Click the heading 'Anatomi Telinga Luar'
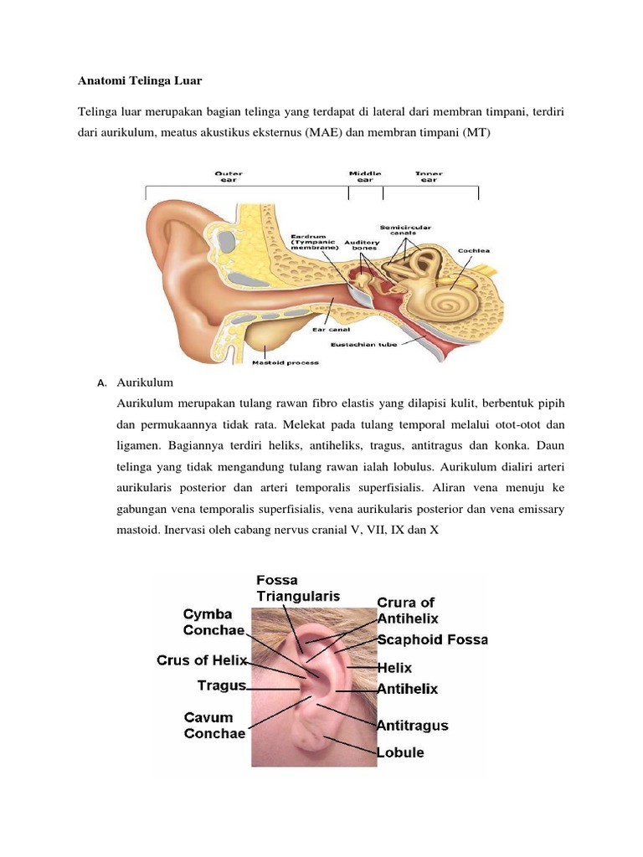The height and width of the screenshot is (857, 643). [141, 81]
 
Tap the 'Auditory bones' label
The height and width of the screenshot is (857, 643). [364, 245]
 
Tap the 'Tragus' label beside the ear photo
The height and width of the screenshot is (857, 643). [221, 685]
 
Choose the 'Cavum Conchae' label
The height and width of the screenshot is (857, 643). [214, 726]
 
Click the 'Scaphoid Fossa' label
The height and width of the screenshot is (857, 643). [432, 639]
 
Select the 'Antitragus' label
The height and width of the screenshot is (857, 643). [413, 725]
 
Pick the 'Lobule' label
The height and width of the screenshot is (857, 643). [400, 752]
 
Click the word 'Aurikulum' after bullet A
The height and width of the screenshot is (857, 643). [145, 382]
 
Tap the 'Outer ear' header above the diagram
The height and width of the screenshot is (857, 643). [228, 177]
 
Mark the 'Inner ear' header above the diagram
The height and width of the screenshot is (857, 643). [429, 177]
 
